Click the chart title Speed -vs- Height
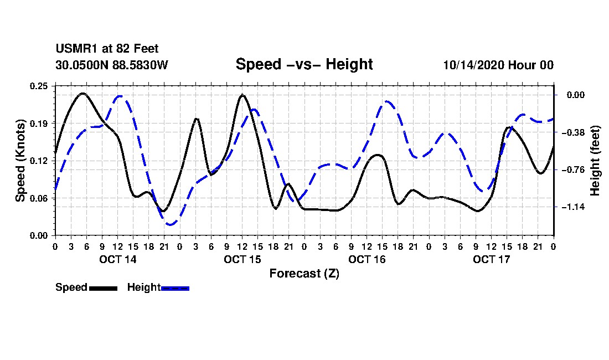[x=304, y=64]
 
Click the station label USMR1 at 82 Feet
[x=107, y=49]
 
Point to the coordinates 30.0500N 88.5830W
[x=111, y=65]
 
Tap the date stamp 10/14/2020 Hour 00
[x=498, y=65]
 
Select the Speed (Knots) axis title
[x=20, y=160]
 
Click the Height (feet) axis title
[x=596, y=160]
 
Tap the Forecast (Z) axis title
[x=304, y=274]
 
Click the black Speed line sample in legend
[x=102, y=288]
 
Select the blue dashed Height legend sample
[x=175, y=288]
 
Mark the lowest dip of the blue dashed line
[x=170, y=224]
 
